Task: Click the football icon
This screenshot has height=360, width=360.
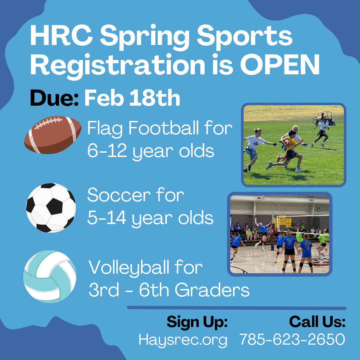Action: (x=53, y=135)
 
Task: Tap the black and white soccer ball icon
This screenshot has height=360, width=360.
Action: (x=51, y=207)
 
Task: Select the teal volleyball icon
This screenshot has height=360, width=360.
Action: (x=50, y=276)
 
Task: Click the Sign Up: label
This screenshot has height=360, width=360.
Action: (x=197, y=322)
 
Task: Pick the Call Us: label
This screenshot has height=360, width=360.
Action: (x=317, y=322)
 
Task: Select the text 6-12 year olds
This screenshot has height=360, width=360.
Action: (x=150, y=151)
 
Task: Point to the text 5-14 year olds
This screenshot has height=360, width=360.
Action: (x=150, y=218)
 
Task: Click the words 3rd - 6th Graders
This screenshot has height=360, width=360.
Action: (x=169, y=290)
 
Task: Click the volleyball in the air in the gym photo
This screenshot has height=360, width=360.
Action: (x=263, y=197)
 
